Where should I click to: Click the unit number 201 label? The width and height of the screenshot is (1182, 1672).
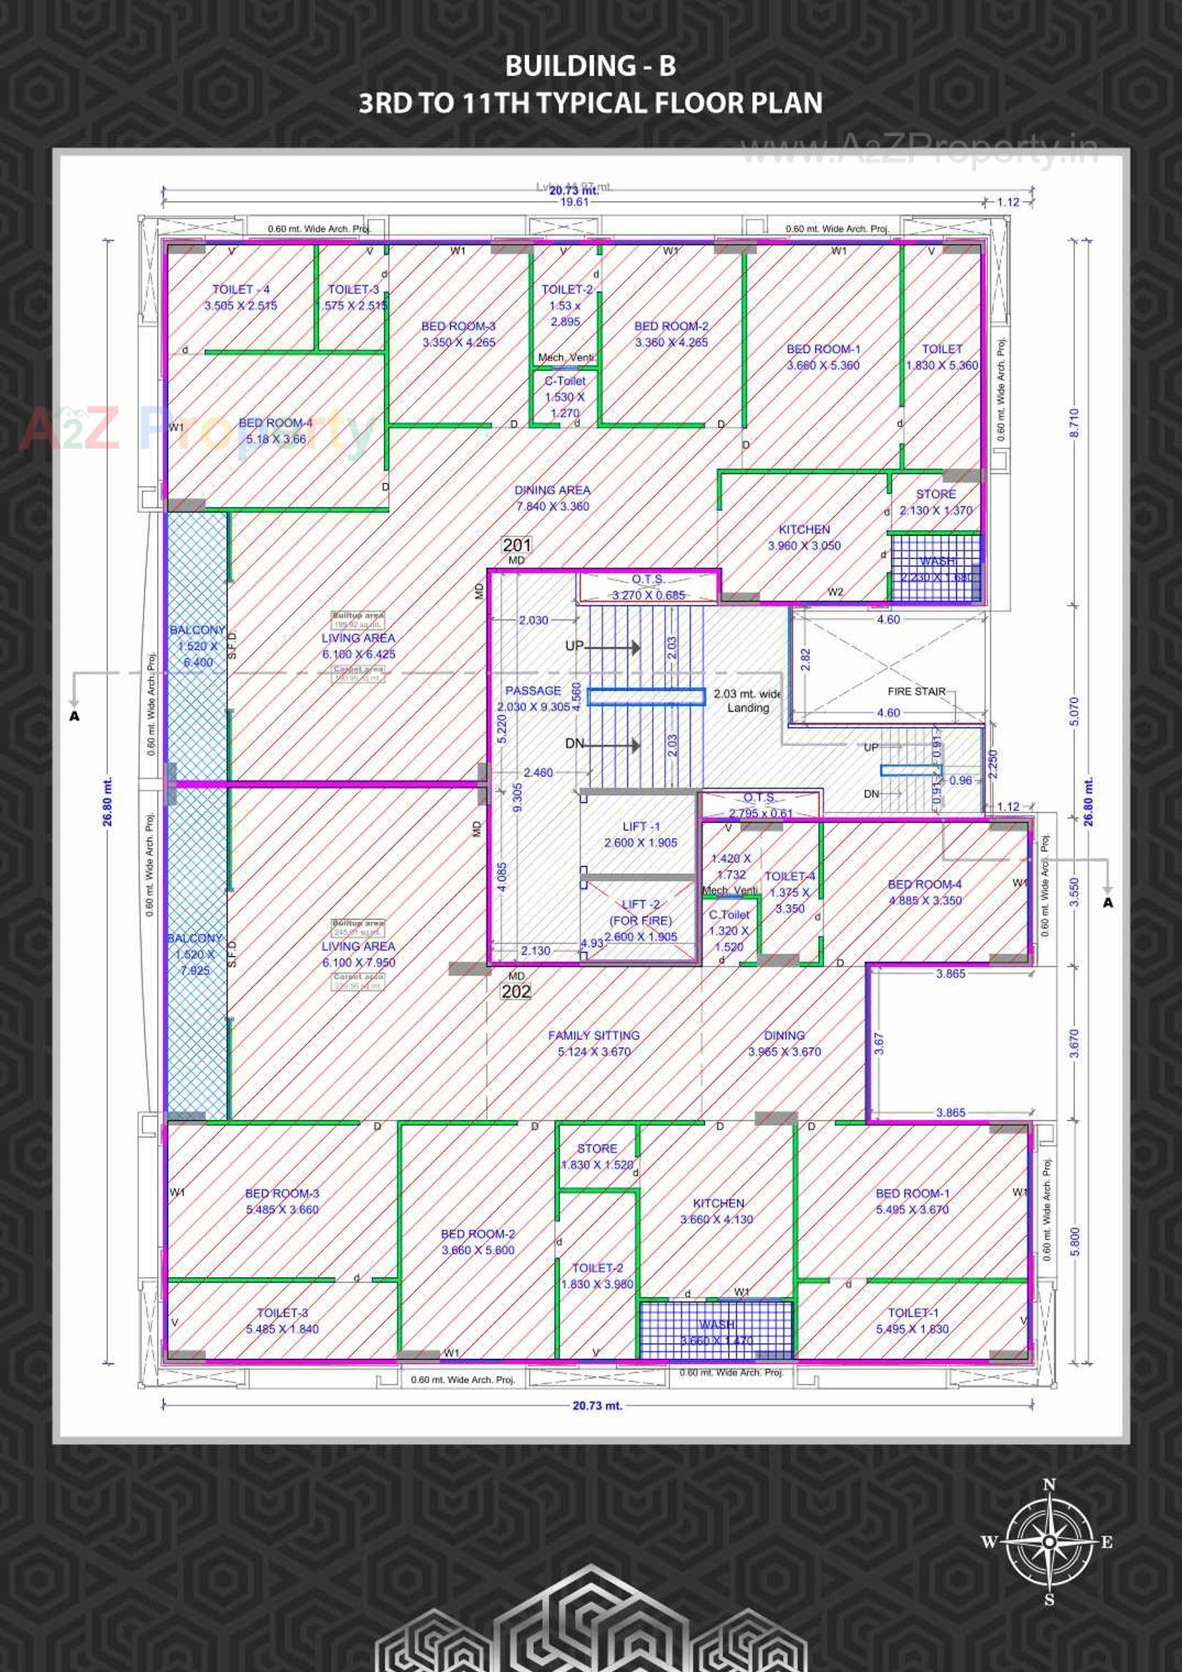pyautogui.click(x=516, y=545)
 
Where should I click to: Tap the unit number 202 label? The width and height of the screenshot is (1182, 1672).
pyautogui.click(x=516, y=991)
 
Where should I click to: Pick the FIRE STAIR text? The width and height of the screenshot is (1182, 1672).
pyautogui.click(x=916, y=691)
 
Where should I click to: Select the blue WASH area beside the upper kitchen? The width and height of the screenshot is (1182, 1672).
pyautogui.click(x=936, y=569)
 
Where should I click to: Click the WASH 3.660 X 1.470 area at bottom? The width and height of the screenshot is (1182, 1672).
pyautogui.click(x=716, y=1332)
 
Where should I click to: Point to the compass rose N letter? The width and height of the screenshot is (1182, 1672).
pyautogui.click(x=1049, y=1485)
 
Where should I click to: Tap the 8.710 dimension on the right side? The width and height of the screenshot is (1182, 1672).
pyautogui.click(x=1074, y=423)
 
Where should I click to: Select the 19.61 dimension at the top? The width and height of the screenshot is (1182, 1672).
pyautogui.click(x=573, y=202)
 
